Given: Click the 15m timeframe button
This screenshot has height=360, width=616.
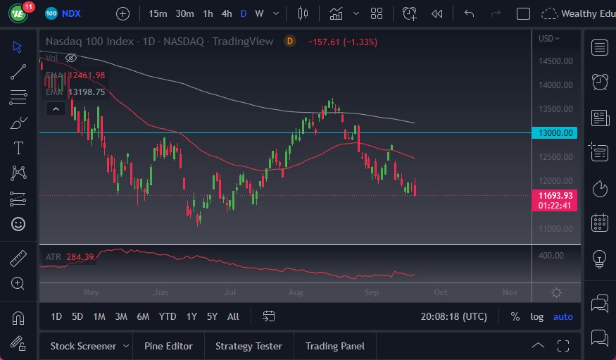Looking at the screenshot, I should [x=158, y=13].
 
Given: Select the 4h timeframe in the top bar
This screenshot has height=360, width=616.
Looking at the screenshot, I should [x=226, y=13].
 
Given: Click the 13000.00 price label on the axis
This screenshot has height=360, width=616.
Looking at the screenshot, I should [x=555, y=133].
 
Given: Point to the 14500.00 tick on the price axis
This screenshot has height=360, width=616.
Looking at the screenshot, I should [x=555, y=61].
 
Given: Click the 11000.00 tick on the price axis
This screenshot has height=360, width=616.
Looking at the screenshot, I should [x=555, y=229].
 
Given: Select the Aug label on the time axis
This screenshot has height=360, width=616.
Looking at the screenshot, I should [x=296, y=292].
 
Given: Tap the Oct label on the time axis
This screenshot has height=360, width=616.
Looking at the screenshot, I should [x=441, y=292].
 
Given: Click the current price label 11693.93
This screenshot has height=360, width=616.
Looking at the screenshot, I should [x=555, y=195].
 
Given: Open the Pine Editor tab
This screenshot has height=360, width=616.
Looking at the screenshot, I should [x=168, y=346].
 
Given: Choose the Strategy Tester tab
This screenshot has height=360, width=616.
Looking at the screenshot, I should [x=249, y=346].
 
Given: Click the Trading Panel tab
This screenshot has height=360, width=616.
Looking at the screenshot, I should [x=335, y=346].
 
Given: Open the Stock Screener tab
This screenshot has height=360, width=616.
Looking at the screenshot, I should [x=83, y=346].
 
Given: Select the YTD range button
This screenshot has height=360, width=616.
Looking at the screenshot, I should [x=168, y=316].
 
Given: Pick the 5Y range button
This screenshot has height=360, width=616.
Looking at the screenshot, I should [x=212, y=316].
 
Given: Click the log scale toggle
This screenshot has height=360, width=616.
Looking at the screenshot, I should [x=537, y=316].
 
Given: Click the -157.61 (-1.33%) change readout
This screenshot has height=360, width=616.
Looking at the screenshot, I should [x=342, y=42].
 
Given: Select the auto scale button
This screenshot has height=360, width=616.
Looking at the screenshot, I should [x=563, y=316].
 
